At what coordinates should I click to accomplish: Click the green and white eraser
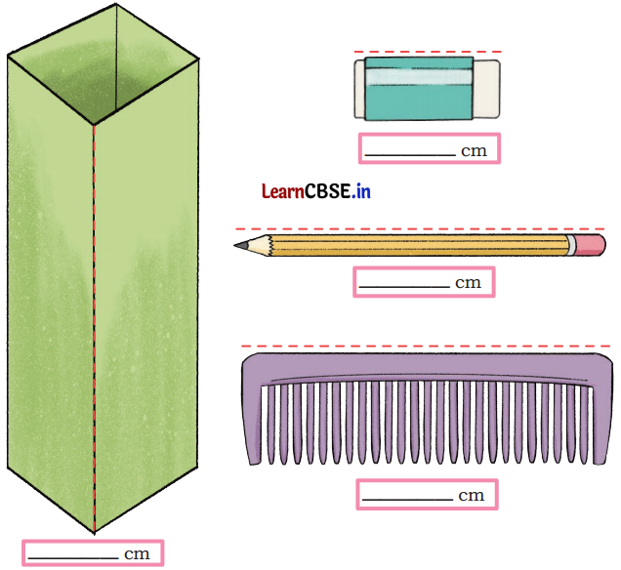(426, 88)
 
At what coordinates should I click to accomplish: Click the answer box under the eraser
(429, 148)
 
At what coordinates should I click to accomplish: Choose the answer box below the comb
(427, 494)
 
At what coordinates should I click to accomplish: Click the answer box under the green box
(93, 553)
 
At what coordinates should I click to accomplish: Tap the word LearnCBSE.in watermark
(315, 191)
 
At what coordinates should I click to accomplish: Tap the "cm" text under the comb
(471, 496)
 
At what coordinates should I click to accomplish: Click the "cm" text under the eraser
(474, 150)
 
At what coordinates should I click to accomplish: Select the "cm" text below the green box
(137, 554)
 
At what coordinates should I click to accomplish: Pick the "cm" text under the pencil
(469, 283)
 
